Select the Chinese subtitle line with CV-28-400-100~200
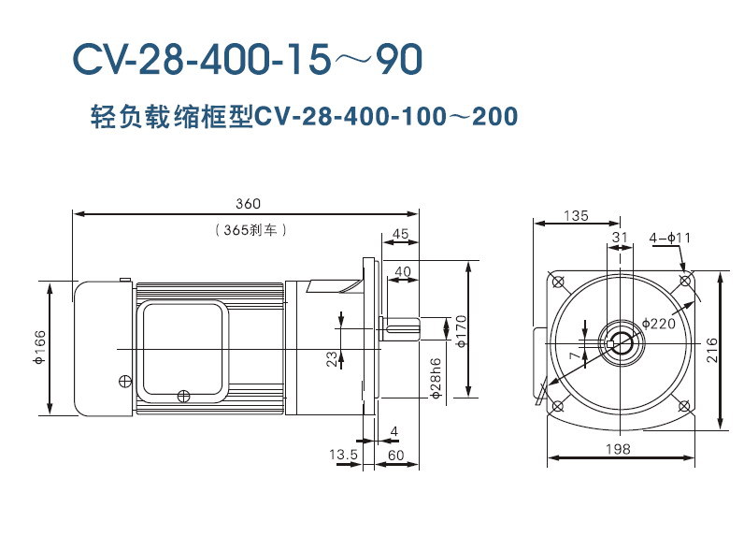point(304,118)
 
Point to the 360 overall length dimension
point(247,204)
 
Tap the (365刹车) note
point(248,229)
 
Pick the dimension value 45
point(401,234)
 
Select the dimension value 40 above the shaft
point(402,271)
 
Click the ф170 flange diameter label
point(461,330)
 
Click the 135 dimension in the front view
point(576,216)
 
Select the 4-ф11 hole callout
point(670,239)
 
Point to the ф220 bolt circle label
point(659,324)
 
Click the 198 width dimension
point(618,449)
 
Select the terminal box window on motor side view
point(184,346)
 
